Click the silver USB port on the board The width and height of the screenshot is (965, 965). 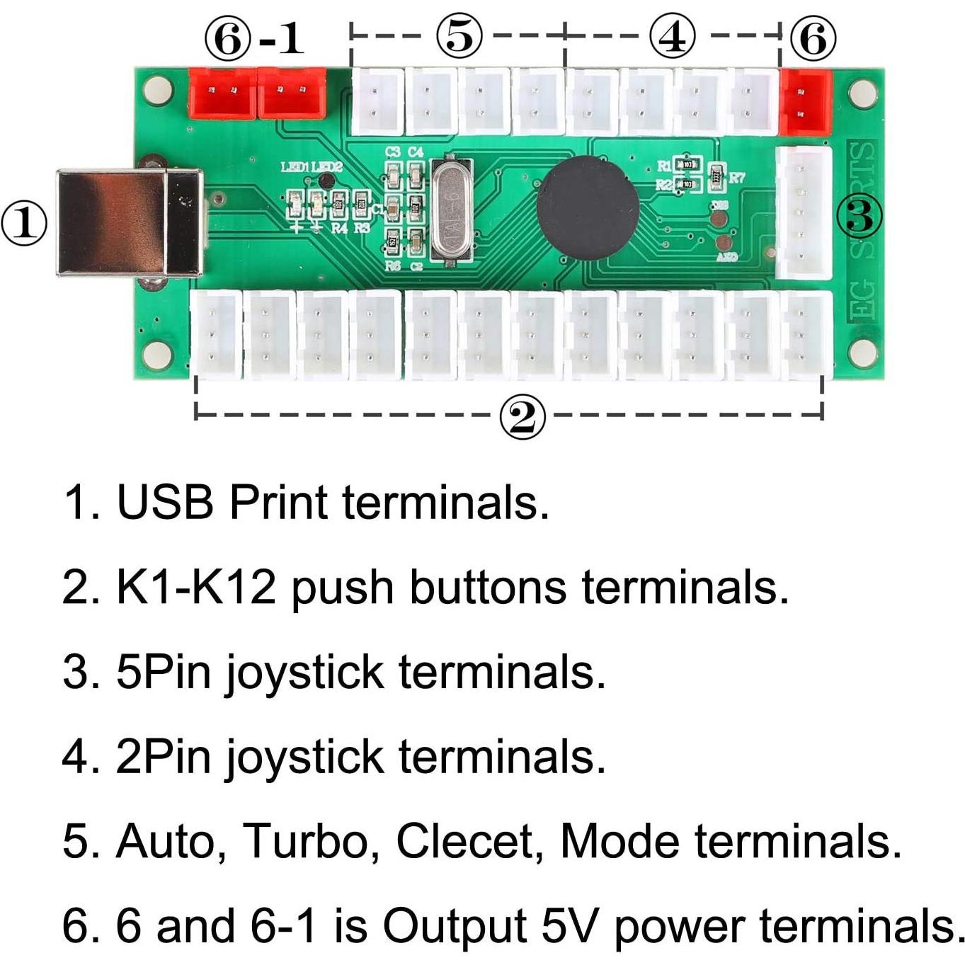(129, 222)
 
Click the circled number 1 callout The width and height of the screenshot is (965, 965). (24, 224)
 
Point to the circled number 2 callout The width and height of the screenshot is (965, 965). (523, 418)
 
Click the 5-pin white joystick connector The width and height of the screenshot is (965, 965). (804, 213)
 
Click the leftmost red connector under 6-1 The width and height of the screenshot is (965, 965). (222, 93)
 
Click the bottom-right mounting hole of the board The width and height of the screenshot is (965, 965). (862, 352)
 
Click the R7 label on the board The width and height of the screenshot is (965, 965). (736, 177)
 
